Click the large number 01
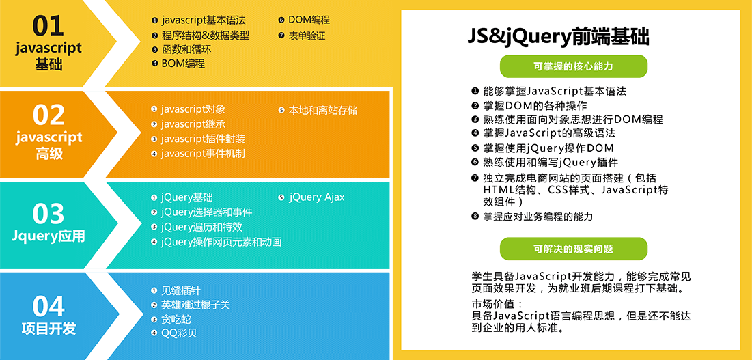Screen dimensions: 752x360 [x=48, y=26]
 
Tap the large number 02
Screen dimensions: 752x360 [x=48, y=115]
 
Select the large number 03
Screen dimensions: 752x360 [x=48, y=214]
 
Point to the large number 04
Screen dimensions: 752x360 [x=48, y=307]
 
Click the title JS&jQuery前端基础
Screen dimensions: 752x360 [x=558, y=38]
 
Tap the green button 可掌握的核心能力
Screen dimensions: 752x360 [x=573, y=67]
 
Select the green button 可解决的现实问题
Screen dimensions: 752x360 [x=573, y=249]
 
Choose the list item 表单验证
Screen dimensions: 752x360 [x=302, y=36]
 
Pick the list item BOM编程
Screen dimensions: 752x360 [x=178, y=64]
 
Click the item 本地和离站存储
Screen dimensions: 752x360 [x=318, y=110]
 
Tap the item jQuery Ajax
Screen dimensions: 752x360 [x=311, y=197]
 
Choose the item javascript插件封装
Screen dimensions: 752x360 [x=198, y=139]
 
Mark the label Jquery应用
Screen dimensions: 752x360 [x=48, y=236]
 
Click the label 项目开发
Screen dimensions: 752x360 [x=48, y=329]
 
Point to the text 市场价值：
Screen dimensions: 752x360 [x=495, y=305]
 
